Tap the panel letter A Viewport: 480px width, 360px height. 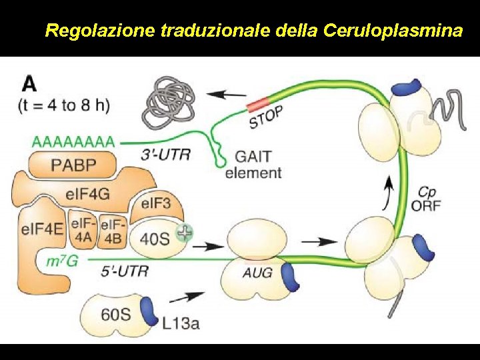pos(30,83)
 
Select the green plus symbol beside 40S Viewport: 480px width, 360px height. pos(183,232)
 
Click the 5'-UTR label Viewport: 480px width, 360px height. pos(125,271)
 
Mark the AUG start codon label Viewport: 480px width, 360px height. pos(257,272)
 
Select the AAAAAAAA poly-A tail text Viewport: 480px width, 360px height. pos(73,142)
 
